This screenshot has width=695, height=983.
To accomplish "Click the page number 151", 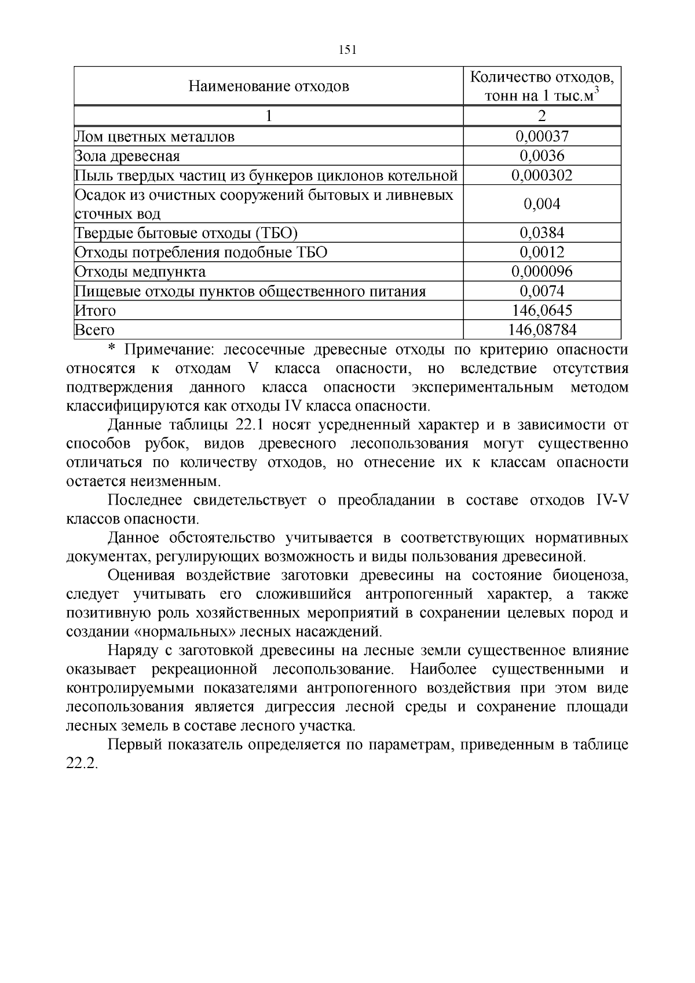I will click(347, 50).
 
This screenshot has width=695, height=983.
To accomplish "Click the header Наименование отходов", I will click(269, 87).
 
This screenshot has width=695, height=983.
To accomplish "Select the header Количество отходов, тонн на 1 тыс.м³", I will click(542, 86).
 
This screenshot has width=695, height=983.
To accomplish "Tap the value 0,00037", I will click(542, 137).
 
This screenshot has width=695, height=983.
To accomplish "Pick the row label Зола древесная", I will click(127, 156).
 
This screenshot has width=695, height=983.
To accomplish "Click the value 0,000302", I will click(542, 175).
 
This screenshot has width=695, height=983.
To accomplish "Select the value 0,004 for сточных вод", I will click(542, 204).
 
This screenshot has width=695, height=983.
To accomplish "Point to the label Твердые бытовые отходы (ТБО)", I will click(186, 233).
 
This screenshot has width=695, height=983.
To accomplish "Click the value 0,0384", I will click(542, 233).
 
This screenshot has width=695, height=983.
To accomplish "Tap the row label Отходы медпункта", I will click(140, 272).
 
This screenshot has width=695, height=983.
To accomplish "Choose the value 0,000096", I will click(542, 272).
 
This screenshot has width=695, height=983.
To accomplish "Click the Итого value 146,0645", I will click(542, 310).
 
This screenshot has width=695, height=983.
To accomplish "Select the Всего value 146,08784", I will click(542, 330).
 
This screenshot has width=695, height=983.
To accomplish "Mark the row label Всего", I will click(94, 330).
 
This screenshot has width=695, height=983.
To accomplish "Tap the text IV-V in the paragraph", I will click(612, 500).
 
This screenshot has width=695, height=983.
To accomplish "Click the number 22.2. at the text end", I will click(83, 763).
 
